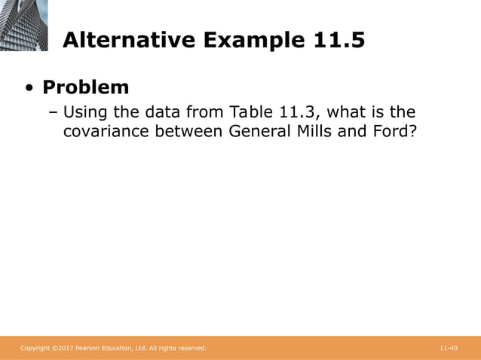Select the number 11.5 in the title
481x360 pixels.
pos(338,40)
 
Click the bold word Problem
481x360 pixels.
pos(85,87)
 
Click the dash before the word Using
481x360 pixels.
pos(53,114)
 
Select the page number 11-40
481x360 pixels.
pos(449,348)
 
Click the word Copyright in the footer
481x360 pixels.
pos(34,348)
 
